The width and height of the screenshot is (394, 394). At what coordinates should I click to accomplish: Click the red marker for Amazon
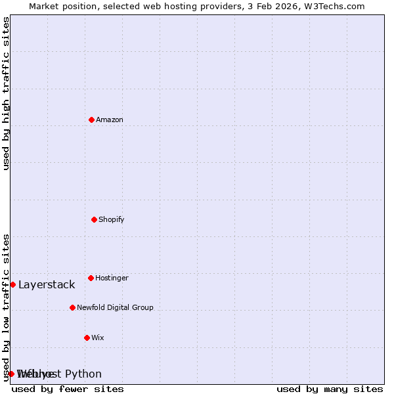[x=91, y=120]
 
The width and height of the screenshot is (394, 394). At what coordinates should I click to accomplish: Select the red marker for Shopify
[x=94, y=219]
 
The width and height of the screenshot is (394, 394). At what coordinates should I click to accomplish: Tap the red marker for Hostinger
[x=91, y=278]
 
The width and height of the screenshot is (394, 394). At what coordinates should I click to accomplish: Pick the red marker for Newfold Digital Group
[x=72, y=307]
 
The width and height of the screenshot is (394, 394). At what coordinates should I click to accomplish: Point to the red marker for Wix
[x=87, y=338]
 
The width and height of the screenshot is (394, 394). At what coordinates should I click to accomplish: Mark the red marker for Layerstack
[x=12, y=284]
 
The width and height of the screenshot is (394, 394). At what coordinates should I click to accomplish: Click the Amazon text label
[x=110, y=120]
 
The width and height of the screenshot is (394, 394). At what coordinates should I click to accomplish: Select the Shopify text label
[x=112, y=219]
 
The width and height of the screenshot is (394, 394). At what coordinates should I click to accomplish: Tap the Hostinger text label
[x=112, y=278]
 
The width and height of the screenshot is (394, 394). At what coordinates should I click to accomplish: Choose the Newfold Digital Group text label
[x=115, y=307]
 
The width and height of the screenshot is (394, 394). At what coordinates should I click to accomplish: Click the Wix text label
[x=98, y=338]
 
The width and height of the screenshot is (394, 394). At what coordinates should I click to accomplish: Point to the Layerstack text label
[x=47, y=284]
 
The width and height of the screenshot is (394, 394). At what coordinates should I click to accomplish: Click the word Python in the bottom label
[x=84, y=374]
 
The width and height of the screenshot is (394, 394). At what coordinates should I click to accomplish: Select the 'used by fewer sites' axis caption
[x=68, y=389]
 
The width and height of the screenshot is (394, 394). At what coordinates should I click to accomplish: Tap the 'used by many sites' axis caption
[x=330, y=389]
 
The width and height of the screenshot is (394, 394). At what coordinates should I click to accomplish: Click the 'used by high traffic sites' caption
[x=6, y=93]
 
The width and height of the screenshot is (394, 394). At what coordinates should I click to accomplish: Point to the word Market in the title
[x=45, y=6]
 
